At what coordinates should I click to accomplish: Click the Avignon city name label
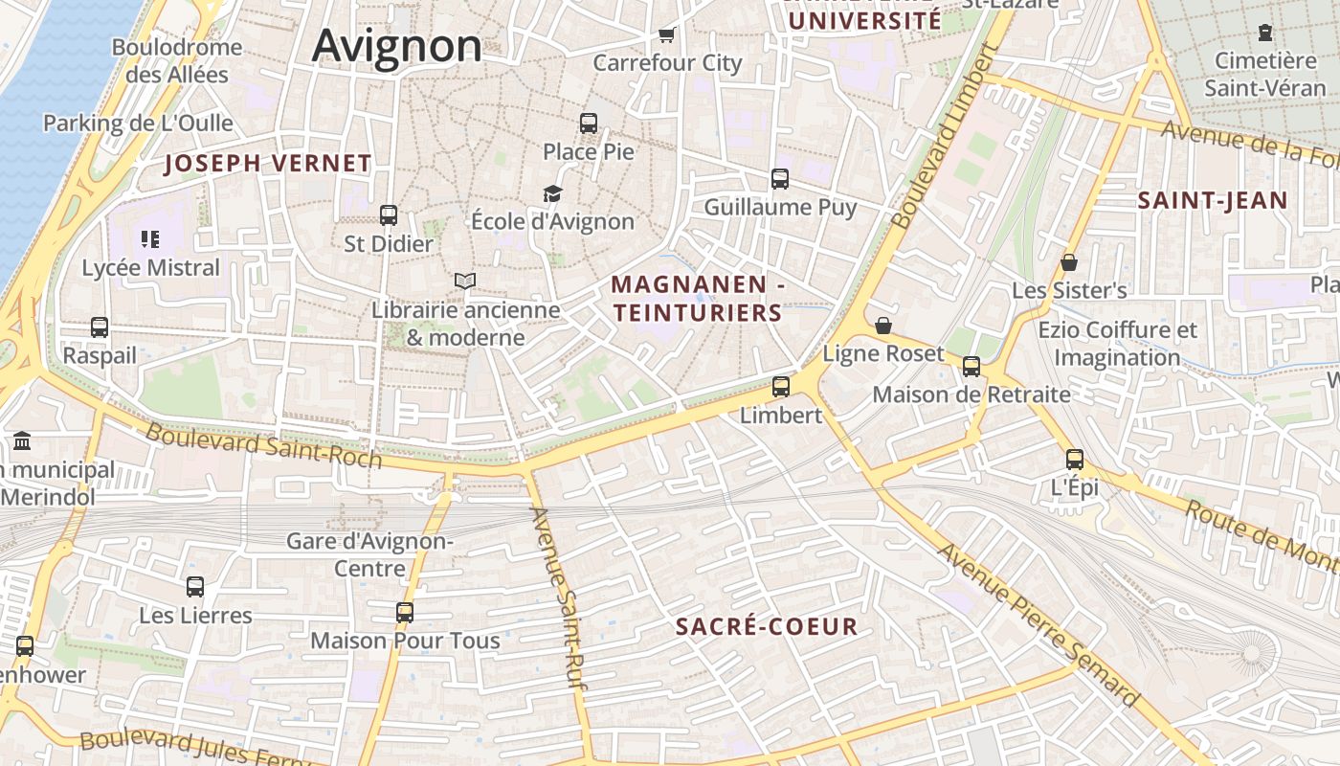point(397,46)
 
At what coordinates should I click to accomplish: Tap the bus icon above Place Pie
point(589,124)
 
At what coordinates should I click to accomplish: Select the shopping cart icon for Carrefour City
point(667,35)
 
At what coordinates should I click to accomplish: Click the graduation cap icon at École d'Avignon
point(552,194)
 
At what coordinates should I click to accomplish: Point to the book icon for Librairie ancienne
point(465,281)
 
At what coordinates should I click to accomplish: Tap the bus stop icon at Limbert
point(781,387)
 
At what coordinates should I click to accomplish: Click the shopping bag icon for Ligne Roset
point(883,327)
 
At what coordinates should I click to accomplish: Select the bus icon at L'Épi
point(1075,460)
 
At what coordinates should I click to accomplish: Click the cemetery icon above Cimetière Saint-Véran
point(1265,34)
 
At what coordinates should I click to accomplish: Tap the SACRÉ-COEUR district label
point(767,627)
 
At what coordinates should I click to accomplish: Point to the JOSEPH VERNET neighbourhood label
point(268,164)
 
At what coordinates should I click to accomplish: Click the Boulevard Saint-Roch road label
point(263,446)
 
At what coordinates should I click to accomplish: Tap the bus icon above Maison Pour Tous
point(405,613)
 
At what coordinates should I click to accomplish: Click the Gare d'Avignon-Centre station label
point(369,554)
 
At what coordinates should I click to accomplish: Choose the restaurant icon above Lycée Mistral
point(149,238)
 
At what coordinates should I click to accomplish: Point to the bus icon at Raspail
point(100,327)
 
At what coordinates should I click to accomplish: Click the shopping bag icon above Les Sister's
point(1069,262)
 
